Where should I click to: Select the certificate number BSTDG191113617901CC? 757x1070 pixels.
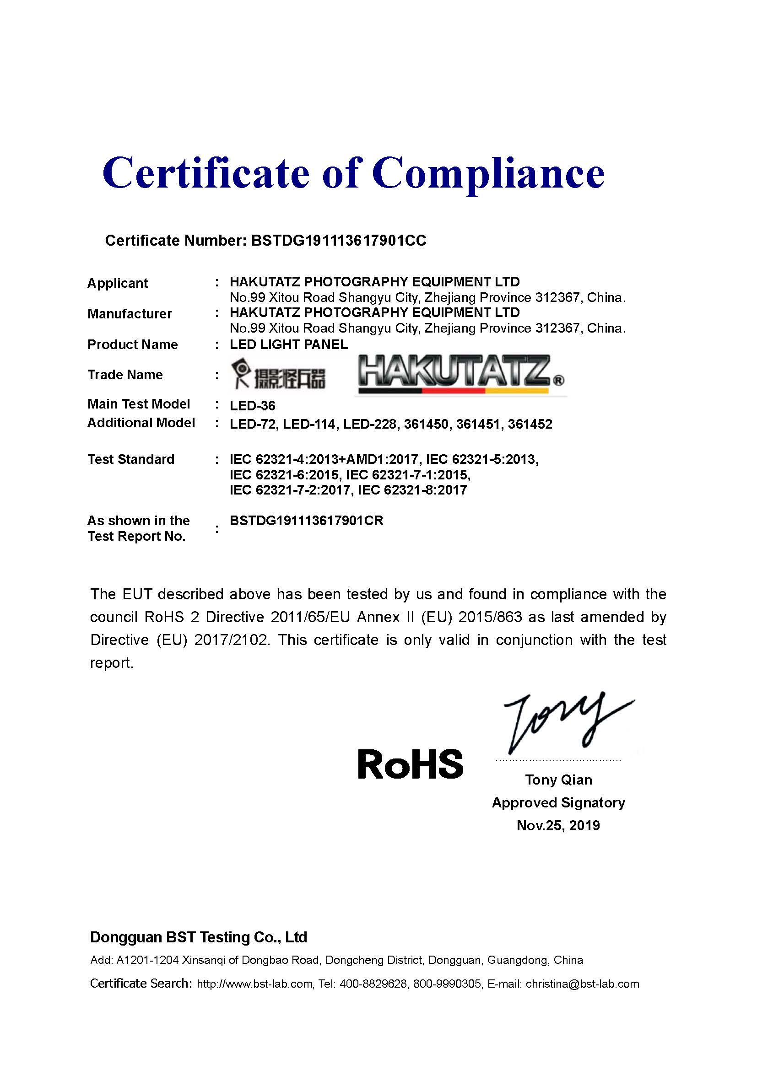pos(338,241)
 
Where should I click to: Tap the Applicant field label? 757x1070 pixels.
pos(118,283)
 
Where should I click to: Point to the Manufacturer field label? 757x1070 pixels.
pos(130,314)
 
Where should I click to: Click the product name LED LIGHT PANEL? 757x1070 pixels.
pos(288,344)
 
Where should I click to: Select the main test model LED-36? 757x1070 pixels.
pos(252,405)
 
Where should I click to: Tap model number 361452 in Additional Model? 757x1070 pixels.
pos(530,424)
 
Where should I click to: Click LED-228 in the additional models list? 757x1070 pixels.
pos(370,424)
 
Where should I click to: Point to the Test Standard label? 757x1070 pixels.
pos(131,459)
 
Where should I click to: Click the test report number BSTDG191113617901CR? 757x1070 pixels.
pos(306,521)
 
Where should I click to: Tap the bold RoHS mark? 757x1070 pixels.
pos(410,764)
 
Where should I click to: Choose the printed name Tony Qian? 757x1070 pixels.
pos(558,780)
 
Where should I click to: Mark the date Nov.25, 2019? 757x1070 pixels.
pos(558,825)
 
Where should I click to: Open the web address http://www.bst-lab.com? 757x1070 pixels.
pos(254,984)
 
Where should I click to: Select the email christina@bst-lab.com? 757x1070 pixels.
pos(582,984)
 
